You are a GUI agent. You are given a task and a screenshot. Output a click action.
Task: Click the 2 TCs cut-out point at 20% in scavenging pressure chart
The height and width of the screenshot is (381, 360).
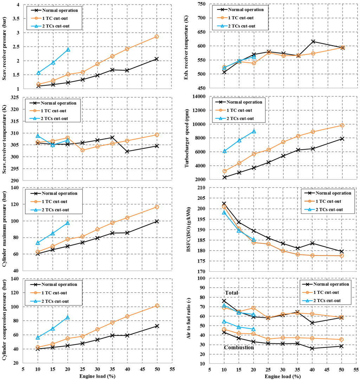coord(68,50)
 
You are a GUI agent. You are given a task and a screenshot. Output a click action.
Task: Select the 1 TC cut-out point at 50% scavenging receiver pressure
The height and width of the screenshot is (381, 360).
coord(157,37)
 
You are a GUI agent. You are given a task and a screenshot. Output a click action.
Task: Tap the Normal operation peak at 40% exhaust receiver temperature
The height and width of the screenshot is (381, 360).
coord(313,41)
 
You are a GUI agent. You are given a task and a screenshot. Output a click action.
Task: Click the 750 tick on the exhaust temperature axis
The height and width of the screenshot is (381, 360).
coord(205,4)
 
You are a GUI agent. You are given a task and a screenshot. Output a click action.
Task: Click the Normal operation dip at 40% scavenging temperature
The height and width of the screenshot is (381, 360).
coord(127,151)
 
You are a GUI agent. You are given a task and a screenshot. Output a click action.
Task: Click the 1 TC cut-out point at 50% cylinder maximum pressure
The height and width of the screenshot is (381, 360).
coord(157,207)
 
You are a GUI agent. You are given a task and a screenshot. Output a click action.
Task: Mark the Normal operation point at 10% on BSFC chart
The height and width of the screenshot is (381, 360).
coord(224,203)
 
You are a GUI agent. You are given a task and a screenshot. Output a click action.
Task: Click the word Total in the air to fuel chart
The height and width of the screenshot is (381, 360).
coord(232,293)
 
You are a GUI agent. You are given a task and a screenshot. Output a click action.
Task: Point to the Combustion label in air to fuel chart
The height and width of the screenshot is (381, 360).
coord(239,347)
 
